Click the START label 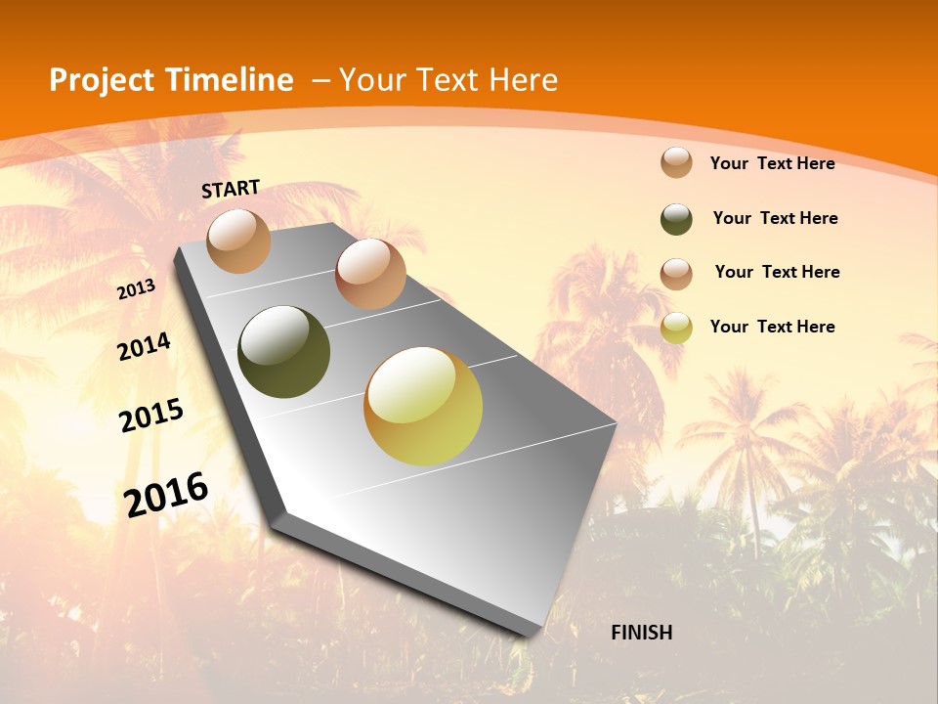231,189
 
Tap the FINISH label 641,633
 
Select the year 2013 136,289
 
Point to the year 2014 144,347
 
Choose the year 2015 151,416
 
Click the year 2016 166,494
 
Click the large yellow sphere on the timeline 423,406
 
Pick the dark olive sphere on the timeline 283,352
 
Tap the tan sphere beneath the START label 239,241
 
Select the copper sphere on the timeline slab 370,274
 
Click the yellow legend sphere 676,328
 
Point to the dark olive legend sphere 676,219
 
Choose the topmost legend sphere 676,162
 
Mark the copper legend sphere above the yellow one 676,274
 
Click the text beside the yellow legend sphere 772,327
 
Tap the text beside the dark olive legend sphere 775,218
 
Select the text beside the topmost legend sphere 772,163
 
